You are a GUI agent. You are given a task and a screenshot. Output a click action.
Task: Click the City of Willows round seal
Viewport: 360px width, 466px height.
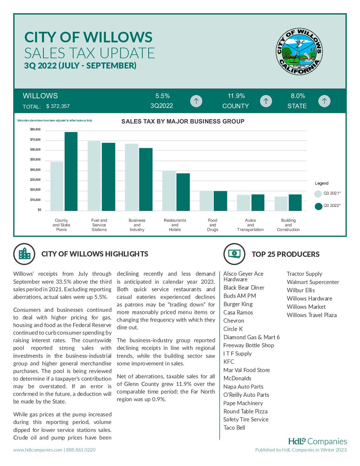click(299, 51)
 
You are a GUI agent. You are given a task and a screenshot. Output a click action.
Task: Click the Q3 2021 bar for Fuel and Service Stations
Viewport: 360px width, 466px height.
click(94, 176)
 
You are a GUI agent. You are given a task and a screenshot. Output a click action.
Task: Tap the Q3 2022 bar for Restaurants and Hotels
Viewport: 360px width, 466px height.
click(183, 192)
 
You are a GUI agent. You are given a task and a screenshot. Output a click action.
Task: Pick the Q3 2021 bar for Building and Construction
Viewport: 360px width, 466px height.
click(281, 204)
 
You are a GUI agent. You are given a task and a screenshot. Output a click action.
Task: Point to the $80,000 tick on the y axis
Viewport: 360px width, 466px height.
click(35, 129)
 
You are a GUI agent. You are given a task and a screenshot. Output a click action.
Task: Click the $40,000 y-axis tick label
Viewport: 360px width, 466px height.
click(35, 170)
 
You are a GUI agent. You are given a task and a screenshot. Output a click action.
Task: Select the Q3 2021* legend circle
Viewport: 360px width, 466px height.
click(318, 194)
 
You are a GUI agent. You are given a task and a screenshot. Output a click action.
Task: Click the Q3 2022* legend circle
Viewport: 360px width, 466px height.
click(318, 206)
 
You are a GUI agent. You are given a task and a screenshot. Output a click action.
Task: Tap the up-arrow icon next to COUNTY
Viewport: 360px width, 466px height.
click(266, 101)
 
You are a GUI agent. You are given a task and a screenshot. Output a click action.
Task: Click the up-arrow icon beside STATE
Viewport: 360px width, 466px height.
click(324, 101)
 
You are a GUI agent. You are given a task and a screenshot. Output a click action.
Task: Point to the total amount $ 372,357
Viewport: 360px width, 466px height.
click(58, 106)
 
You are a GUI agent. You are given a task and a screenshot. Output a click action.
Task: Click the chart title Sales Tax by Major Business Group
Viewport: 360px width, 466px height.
click(183, 121)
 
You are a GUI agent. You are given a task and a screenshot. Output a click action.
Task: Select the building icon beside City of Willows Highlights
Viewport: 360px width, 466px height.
click(24, 254)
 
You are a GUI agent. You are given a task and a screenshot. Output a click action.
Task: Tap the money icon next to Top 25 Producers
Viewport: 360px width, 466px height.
click(234, 254)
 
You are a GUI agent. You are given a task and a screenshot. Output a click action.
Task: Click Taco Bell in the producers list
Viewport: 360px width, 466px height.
click(234, 428)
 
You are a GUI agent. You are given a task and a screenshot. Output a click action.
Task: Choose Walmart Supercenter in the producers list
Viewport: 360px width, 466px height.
click(313, 282)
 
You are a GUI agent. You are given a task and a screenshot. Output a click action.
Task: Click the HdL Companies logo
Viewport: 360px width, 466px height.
click(317, 441)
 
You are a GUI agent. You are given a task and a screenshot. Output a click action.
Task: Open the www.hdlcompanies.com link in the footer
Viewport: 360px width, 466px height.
click(38, 450)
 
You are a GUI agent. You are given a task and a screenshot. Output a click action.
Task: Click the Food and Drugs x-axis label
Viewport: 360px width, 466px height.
click(212, 225)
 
